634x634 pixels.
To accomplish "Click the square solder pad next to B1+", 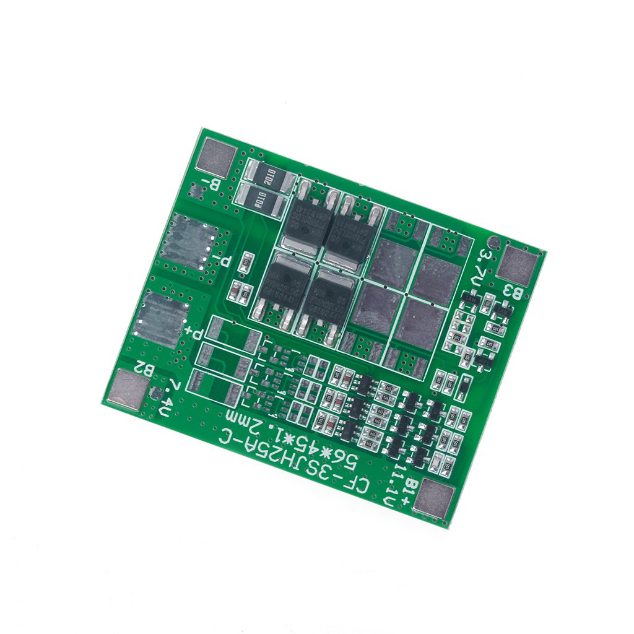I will coord(433,499).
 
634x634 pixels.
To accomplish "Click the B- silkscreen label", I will coord(212,184).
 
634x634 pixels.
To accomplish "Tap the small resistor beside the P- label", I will coord(246,263).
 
